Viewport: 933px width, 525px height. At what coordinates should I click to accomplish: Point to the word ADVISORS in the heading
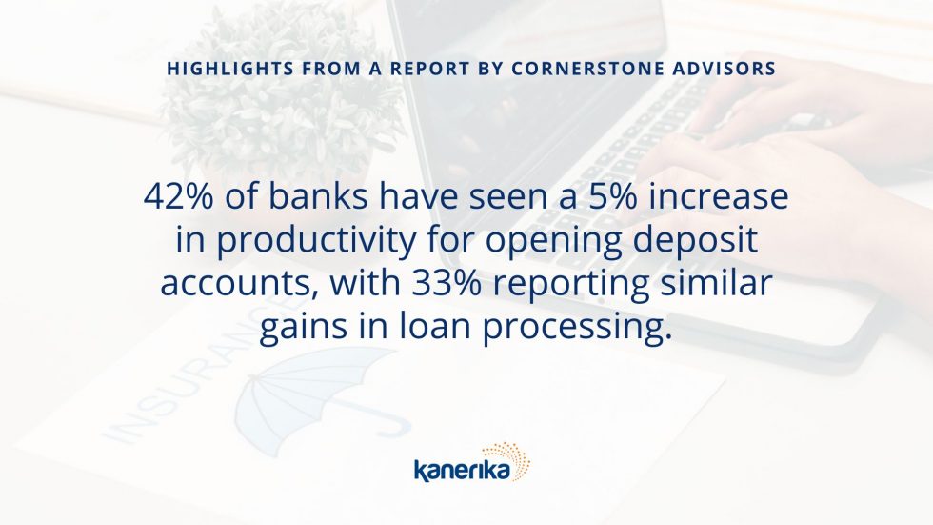(x=725, y=69)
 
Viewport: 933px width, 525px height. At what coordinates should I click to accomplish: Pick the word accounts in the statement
(x=239, y=284)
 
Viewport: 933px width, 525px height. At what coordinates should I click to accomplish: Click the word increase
(x=719, y=197)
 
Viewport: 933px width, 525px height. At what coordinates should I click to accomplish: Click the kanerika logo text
(x=462, y=471)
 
